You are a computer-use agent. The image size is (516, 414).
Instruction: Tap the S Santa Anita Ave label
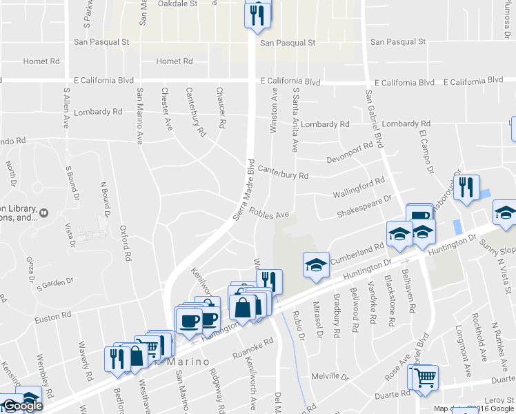[x=295, y=119]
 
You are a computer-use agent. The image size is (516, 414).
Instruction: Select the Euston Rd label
[x=53, y=315]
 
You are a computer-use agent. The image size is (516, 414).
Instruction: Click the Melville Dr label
[x=332, y=377]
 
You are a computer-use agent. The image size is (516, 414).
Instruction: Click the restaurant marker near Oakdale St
[x=257, y=15]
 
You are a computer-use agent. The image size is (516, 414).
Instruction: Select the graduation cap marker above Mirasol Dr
[x=315, y=265]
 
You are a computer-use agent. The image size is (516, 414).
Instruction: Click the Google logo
[x=22, y=406]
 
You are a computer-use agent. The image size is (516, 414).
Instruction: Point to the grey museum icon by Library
[x=43, y=213]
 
